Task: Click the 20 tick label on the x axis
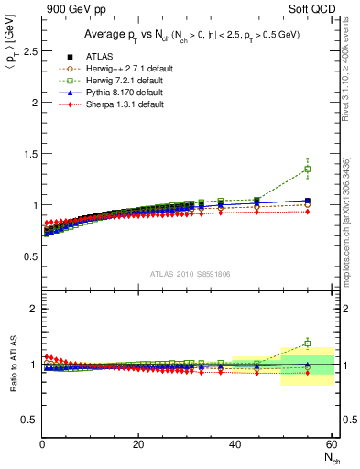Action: tap(138, 444)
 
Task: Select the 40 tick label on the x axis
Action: tap(235, 444)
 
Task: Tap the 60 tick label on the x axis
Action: tap(331, 444)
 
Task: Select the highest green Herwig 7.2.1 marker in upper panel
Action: tap(307, 169)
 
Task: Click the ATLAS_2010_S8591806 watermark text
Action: tap(189, 272)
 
